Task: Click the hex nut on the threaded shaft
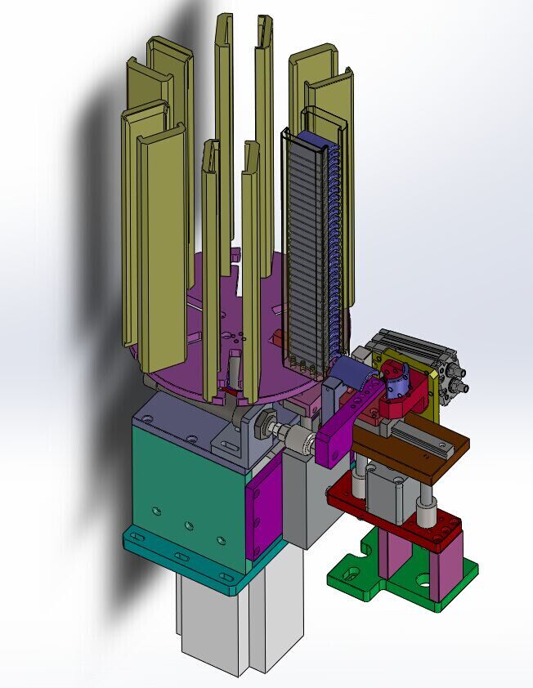265,425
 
